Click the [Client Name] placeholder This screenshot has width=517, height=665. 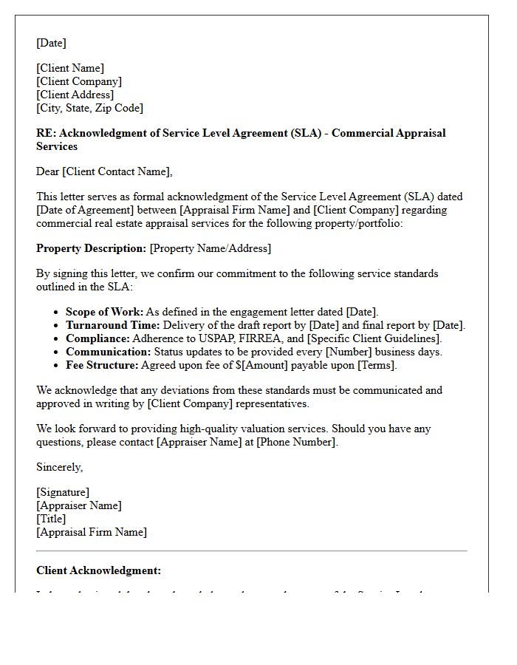click(70, 68)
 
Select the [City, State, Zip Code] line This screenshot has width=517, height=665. click(89, 108)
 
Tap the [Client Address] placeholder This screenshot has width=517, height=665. click(75, 95)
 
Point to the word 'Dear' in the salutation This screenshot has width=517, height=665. click(48, 171)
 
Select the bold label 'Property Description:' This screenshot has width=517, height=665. click(91, 248)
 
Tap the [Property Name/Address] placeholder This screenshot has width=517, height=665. click(210, 248)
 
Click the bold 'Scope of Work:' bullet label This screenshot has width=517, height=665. click(104, 312)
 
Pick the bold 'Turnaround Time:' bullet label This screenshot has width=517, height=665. click(112, 325)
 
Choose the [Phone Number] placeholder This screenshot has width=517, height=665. click(296, 442)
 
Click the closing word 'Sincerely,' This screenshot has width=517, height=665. click(60, 467)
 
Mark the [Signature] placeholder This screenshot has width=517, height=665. click(63, 492)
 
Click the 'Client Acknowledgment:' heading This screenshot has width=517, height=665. click(98, 570)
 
